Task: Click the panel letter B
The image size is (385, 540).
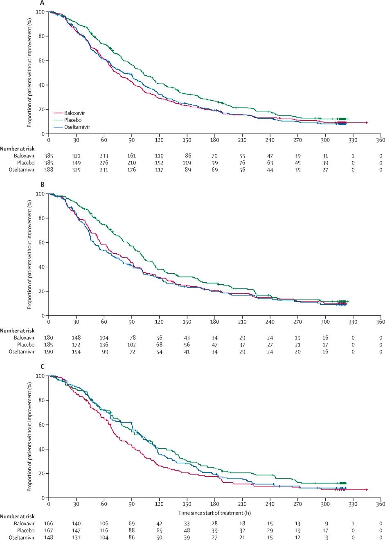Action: pos(43,184)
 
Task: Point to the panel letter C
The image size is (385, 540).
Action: pos(43,367)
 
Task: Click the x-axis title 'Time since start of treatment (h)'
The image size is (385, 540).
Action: pos(214,513)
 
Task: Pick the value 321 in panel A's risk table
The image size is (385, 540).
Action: pos(76,156)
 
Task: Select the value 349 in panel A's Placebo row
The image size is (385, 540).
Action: pos(76,163)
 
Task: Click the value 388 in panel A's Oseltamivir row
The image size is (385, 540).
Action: pos(48,170)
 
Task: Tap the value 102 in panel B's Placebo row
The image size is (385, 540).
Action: pos(131,345)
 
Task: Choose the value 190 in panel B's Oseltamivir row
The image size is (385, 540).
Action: pos(48,352)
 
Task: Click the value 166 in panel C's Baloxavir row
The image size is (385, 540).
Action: pos(48,523)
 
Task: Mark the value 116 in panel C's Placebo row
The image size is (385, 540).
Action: pos(104,530)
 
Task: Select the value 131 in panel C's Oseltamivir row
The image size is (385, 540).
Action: pos(76,538)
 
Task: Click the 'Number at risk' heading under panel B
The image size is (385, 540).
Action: pos(17,331)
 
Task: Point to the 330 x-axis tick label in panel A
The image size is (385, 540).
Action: pos(353,140)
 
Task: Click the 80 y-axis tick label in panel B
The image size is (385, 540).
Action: pos(42,218)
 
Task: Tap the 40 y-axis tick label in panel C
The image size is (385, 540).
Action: pos(42,449)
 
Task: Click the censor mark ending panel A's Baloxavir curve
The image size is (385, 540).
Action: pos(367,123)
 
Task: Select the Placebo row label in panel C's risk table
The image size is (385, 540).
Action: pos(25,530)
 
